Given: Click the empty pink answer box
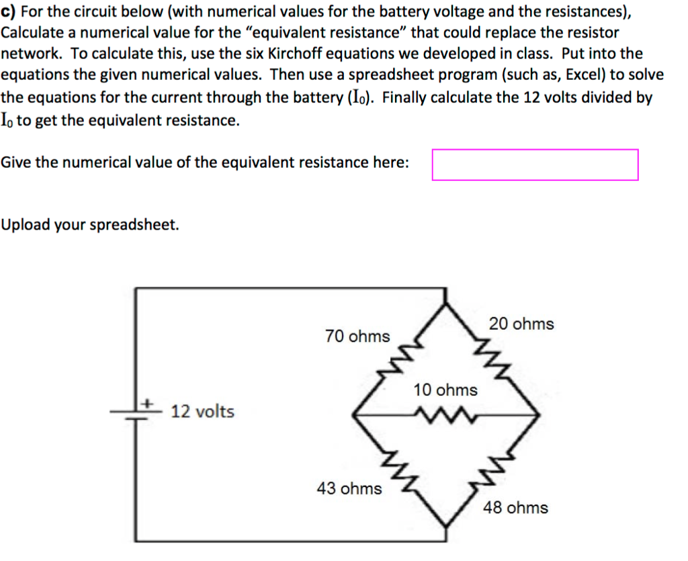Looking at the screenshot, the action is click(x=535, y=165).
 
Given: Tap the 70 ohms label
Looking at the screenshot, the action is click(x=357, y=337).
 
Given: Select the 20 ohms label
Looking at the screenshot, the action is click(x=521, y=324).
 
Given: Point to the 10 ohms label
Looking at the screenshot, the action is click(x=445, y=390).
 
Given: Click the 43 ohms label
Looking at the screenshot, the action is click(x=349, y=488).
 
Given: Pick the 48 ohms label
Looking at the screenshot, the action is click(x=515, y=508).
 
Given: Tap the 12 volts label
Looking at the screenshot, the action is click(x=202, y=412).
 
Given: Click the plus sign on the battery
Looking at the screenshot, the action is click(x=148, y=402).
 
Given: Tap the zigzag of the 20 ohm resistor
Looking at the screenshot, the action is click(x=492, y=357).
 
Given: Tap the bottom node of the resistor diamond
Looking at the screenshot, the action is click(x=446, y=526).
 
